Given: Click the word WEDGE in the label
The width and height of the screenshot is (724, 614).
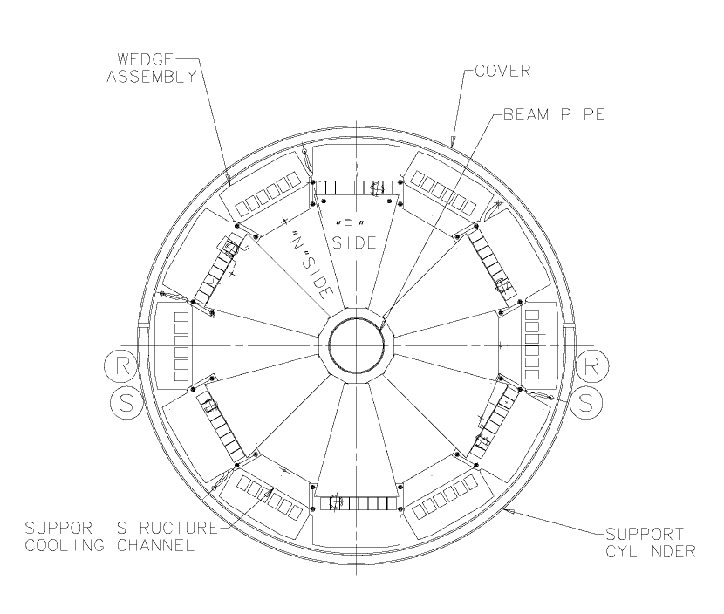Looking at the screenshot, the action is [x=145, y=59].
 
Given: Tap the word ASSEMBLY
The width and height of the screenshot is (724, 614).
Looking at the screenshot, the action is [x=152, y=76].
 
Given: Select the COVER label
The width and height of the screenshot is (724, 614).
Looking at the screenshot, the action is [x=502, y=72].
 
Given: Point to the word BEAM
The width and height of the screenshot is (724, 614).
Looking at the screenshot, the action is [x=526, y=114].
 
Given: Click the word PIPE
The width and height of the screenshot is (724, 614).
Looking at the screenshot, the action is [x=583, y=114].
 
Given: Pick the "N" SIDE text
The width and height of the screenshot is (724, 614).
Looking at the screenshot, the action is [x=311, y=265].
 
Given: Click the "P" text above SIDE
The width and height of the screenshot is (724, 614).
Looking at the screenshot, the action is [x=350, y=226].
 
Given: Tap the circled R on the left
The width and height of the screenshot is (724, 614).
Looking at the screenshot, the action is [x=121, y=366].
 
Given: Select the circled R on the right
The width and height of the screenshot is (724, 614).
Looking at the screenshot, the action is [x=591, y=366].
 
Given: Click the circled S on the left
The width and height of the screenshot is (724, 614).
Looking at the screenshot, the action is [x=126, y=403].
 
